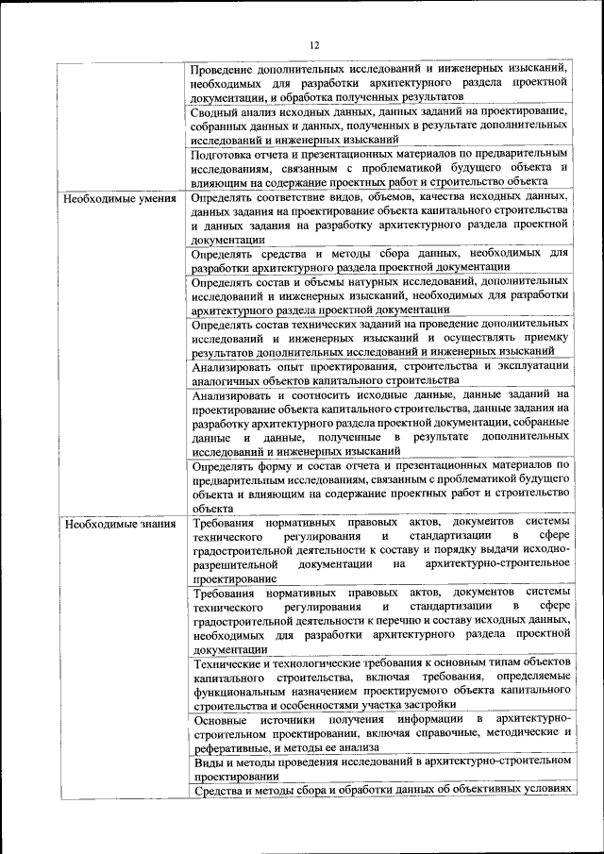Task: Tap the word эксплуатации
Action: click(x=528, y=366)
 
